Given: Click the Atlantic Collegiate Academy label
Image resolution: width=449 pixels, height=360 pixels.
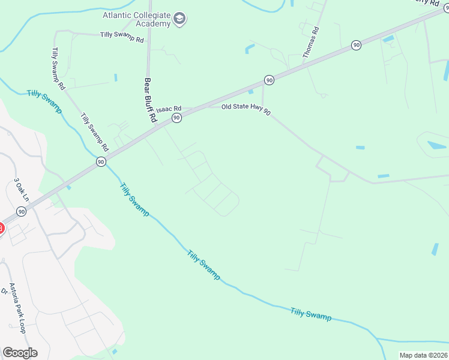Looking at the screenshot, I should (x=137, y=14).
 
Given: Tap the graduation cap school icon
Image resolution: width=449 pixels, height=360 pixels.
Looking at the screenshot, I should (x=179, y=19).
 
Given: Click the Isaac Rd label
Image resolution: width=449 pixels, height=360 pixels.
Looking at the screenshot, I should (x=169, y=109).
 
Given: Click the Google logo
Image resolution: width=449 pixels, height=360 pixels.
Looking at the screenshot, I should (x=20, y=352).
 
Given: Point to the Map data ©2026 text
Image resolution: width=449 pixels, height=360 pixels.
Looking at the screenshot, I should (x=423, y=355).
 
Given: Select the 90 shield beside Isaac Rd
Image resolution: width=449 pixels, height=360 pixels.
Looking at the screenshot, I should (x=176, y=118).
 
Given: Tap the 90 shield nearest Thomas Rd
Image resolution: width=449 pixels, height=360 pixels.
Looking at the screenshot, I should (x=357, y=45).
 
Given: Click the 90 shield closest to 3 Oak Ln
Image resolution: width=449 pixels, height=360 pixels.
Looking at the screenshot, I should (x=22, y=211).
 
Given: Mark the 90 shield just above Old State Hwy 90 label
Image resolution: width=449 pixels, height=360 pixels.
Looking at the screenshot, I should (x=269, y=80).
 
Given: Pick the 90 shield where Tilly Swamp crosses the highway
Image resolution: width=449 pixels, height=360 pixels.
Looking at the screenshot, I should (x=101, y=161).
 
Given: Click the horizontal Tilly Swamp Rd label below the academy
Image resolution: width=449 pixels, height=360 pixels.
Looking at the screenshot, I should (x=122, y=39).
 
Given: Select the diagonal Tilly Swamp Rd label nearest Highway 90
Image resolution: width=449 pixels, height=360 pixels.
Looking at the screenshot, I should (x=95, y=133).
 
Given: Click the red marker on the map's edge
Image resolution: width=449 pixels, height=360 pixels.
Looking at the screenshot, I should (x=1, y=228).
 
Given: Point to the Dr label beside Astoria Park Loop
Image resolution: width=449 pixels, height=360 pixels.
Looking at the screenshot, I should (x=4, y=292).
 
